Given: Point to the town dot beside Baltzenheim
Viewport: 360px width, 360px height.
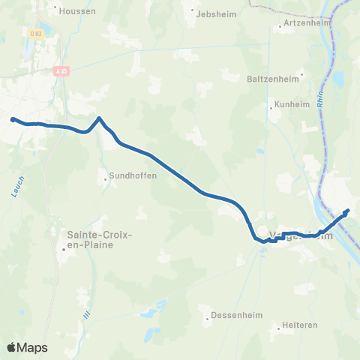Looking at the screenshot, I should [301, 74].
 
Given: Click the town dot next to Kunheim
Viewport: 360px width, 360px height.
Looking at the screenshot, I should [271, 106].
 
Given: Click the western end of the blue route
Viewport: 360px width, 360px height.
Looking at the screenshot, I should [13, 118].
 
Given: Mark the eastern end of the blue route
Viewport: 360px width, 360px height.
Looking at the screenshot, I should [347, 211].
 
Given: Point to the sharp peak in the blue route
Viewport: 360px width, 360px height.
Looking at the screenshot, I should [98, 117].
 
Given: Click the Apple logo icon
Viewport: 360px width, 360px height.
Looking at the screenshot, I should [12, 347].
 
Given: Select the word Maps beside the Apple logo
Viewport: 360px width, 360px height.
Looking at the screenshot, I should [34, 348].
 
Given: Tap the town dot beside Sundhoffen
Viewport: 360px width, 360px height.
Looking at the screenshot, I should [106, 178].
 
